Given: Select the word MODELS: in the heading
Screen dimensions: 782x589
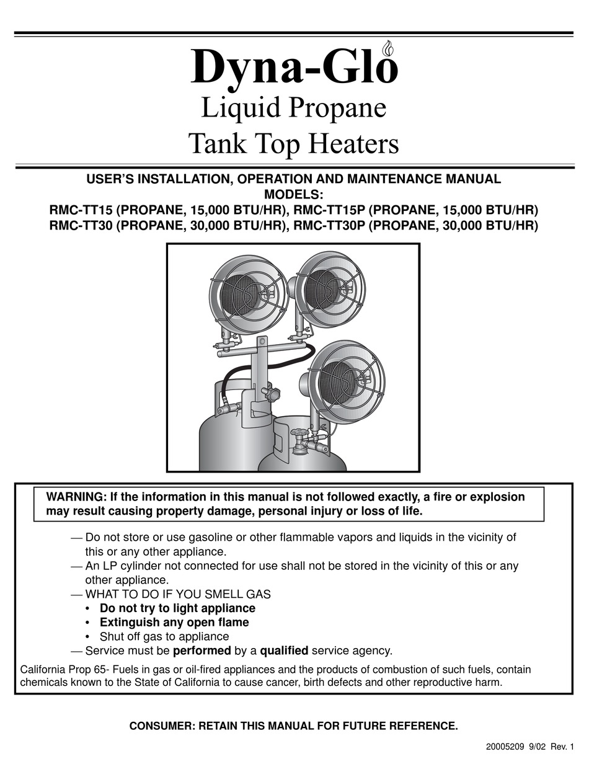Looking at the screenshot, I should point(293,194).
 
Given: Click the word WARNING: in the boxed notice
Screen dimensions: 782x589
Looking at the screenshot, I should point(76,497).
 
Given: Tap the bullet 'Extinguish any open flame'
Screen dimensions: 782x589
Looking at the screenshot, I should point(174,622).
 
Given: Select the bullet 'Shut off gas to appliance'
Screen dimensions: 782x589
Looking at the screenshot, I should point(164,636).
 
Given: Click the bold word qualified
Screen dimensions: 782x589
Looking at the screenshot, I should point(284,651).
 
